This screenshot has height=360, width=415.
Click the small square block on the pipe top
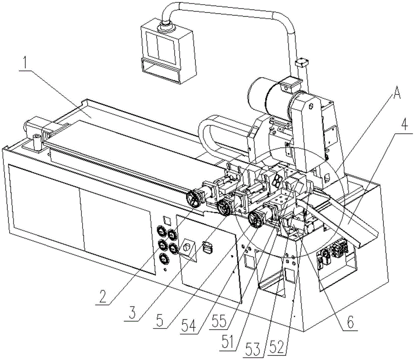coord(301,62)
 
